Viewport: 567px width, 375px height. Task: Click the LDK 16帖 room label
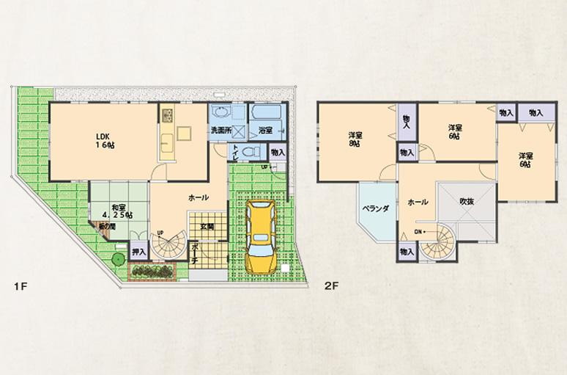100,140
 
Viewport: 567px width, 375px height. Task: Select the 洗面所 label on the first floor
221,130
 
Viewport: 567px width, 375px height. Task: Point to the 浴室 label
265,130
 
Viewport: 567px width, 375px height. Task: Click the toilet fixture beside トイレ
249,150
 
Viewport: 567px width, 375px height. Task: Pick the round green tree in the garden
117,260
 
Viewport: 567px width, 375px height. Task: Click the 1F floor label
20,285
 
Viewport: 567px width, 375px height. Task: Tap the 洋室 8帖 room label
355,139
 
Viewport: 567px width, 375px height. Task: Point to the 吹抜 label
467,201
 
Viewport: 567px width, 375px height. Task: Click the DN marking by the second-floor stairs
418,232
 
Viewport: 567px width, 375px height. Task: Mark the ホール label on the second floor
418,201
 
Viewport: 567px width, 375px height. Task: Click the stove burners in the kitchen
166,115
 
